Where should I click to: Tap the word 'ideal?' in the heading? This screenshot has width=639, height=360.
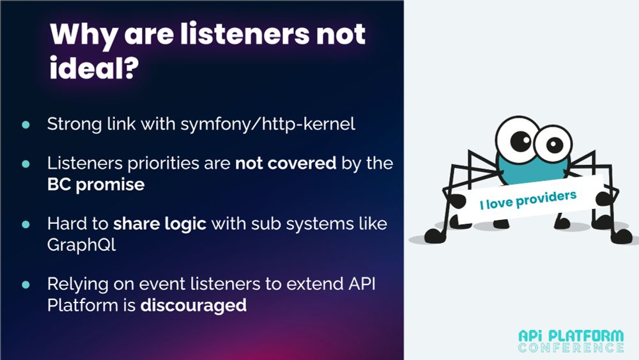pos(95,68)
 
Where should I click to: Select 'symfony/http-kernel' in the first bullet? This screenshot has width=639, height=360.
pos(268,124)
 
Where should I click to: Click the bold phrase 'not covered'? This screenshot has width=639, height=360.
pos(286,163)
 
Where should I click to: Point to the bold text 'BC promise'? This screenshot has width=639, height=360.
pos(96,184)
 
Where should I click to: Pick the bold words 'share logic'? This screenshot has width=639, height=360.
pos(160,224)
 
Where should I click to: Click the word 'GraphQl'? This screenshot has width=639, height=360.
pos(82,245)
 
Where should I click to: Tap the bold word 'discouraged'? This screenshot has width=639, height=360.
pos(193,305)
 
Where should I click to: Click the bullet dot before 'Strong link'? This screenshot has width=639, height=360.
pos(26,124)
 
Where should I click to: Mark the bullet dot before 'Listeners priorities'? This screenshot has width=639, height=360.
pos(26,164)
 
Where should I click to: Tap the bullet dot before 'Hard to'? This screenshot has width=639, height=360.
pos(26,224)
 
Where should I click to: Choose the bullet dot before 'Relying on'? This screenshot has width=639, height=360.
pos(26,285)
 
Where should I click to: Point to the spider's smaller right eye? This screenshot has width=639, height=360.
pos(553,143)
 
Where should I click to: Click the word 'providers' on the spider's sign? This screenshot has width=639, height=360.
pos(546,199)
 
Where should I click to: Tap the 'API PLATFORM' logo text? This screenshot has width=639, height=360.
pos(571,336)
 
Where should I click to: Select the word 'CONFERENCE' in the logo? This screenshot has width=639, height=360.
pos(571,348)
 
